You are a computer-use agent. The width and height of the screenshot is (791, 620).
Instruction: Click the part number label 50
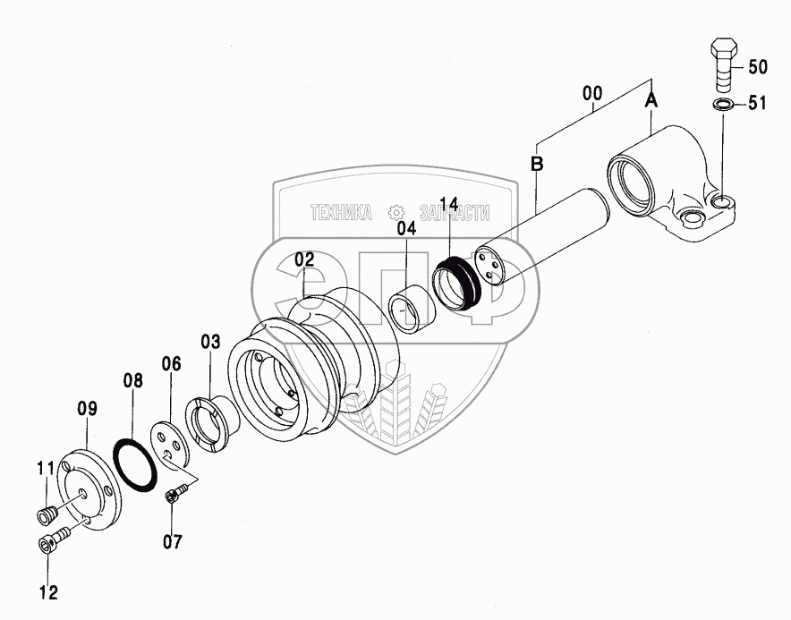(x=757, y=67)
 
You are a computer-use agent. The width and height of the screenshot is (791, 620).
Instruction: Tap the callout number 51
(x=757, y=105)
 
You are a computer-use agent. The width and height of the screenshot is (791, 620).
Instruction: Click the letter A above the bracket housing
(x=652, y=103)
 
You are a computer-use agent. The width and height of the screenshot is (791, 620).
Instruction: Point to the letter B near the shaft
(x=536, y=164)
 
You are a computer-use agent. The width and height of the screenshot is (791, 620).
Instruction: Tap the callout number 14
(x=449, y=204)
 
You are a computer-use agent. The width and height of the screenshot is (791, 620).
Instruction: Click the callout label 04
(x=407, y=229)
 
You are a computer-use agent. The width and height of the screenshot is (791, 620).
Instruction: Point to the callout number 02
(x=304, y=259)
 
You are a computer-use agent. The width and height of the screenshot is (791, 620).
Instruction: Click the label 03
(x=209, y=341)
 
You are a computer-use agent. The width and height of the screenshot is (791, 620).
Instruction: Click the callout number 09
(x=86, y=410)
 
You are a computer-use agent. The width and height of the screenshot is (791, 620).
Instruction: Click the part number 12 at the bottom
(x=47, y=591)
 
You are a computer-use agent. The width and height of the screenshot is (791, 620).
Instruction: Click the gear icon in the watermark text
(x=393, y=213)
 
